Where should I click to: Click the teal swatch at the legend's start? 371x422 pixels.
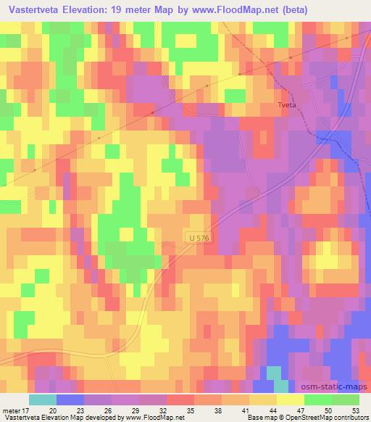coord(42,399)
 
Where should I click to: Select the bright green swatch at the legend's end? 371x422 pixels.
coord(345,399)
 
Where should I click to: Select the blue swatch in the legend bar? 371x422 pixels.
coord(70,399)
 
